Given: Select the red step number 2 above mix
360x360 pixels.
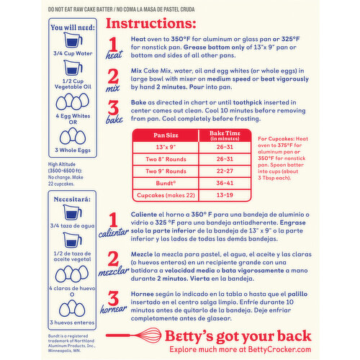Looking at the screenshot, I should pos(114,76).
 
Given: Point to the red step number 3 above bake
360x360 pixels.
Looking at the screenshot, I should pos(114,109).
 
